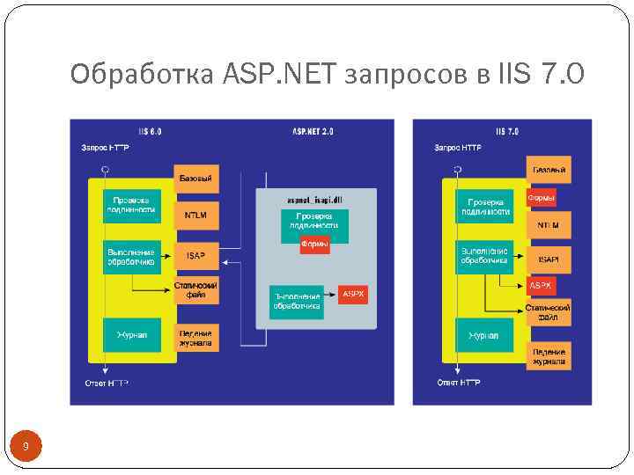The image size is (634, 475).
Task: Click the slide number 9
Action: [x=26, y=448]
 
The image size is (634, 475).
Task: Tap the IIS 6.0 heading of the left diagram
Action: [x=149, y=131]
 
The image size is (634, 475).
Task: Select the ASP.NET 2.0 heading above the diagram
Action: [x=313, y=131]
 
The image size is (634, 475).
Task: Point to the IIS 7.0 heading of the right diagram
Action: [x=507, y=131]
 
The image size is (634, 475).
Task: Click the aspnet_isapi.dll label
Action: [x=314, y=201]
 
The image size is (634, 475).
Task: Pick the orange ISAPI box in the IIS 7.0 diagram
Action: [x=549, y=259]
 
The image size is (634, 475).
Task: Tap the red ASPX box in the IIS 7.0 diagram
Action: [x=541, y=286]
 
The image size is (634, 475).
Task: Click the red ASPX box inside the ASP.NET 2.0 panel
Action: [x=353, y=294]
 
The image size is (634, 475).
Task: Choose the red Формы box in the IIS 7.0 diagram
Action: [x=542, y=198]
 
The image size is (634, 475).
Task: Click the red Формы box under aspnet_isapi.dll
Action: [x=314, y=244]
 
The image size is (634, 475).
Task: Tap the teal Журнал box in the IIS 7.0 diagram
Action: [x=483, y=336]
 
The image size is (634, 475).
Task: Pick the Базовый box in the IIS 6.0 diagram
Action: [x=195, y=179]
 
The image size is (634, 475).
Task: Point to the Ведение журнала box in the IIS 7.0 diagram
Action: [x=549, y=356]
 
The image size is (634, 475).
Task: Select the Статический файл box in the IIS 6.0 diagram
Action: [x=195, y=291]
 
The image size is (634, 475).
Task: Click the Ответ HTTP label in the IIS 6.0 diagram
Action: [x=107, y=383]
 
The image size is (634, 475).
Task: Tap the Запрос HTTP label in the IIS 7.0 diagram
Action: [x=459, y=148]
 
